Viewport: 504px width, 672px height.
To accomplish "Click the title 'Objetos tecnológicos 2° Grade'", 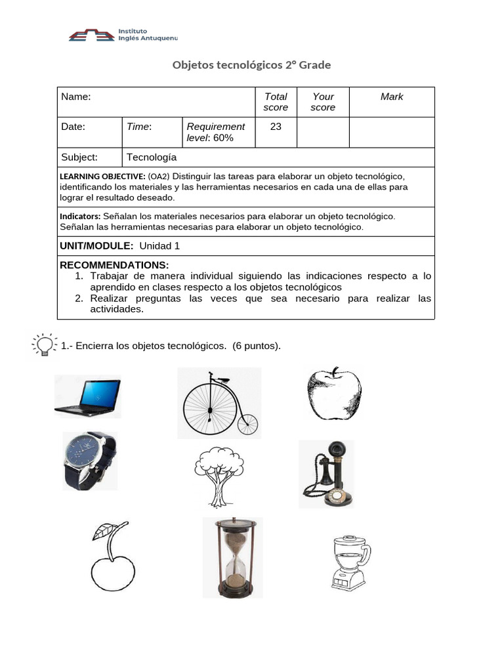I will tap(251, 65).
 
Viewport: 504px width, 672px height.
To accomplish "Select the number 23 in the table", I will tap(276, 127).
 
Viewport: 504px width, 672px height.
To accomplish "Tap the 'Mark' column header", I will tap(392, 97).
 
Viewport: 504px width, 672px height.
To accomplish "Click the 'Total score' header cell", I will tap(276, 102).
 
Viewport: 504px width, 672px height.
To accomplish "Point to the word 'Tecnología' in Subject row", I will tap(152, 157).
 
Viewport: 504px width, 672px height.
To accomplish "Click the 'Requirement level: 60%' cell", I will tap(216, 132).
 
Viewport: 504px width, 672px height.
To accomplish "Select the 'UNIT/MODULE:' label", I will tap(97, 246).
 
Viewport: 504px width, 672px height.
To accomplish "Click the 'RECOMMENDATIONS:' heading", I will tap(114, 265).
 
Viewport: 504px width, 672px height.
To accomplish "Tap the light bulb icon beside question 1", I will tap(44, 345).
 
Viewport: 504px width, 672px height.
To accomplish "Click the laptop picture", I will tap(88, 396).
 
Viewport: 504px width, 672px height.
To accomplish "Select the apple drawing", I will tap(334, 394).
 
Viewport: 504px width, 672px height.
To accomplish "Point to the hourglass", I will tap(232, 557).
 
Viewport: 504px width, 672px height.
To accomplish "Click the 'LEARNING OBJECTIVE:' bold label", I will tap(102, 177).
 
